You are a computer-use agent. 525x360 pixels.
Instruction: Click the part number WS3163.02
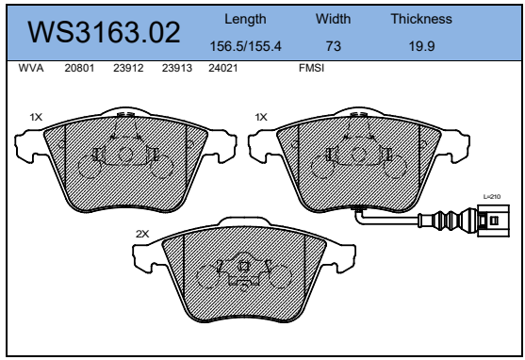104,32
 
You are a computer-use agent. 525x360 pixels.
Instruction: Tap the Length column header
245,19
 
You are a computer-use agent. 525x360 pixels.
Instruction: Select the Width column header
333,19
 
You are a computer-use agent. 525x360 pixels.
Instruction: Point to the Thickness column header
421,19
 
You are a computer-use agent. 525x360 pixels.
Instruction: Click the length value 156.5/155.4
245,46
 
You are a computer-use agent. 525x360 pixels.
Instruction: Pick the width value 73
334,46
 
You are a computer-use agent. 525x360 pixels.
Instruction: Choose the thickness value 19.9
421,46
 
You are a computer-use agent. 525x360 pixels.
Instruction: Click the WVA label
31,68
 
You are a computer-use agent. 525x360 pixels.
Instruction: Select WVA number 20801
79,68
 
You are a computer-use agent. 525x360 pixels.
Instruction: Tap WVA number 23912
128,68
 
